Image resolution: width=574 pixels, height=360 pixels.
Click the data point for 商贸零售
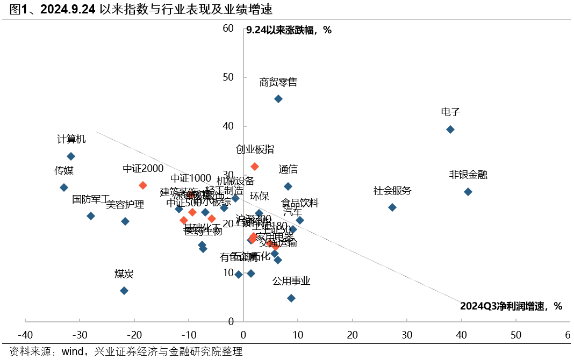278,99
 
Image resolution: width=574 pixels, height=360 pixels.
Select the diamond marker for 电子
450,129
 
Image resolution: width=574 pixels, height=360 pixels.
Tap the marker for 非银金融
468,192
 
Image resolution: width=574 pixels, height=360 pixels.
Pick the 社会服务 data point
392,207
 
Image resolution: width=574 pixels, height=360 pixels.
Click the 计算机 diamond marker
71,156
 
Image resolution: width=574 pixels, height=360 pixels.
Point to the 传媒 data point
64,188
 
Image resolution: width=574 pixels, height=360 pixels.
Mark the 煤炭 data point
124,291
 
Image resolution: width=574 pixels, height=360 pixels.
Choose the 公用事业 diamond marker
291,298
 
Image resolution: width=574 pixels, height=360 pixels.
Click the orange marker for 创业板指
255,167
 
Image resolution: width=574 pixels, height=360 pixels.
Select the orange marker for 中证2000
143,185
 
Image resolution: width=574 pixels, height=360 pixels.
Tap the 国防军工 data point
91,216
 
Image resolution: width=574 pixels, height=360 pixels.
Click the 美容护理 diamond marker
125,221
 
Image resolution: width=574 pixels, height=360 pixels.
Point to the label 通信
288,170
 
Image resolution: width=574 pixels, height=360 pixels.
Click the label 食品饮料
300,204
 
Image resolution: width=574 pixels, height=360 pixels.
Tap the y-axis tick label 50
228,77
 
